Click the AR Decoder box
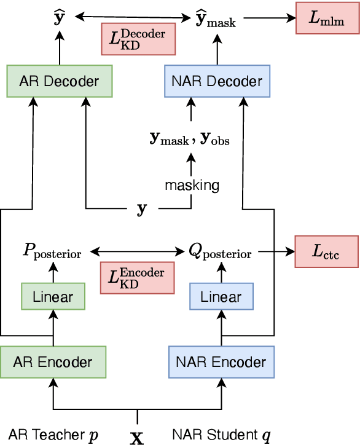pyautogui.click(x=60, y=82)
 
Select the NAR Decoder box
pyautogui.click(x=217, y=82)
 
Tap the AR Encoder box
pyautogui.click(x=53, y=362)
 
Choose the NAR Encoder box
pyautogui.click(x=221, y=362)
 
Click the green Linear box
pyautogui.click(x=53, y=297)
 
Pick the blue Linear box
pyautogui.click(x=221, y=297)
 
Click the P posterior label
pyautogui.click(x=52, y=252)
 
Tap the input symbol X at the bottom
pyautogui.click(x=137, y=436)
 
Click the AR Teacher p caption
pyautogui.click(x=53, y=435)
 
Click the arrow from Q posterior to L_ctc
pyautogui.click(x=276, y=251)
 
